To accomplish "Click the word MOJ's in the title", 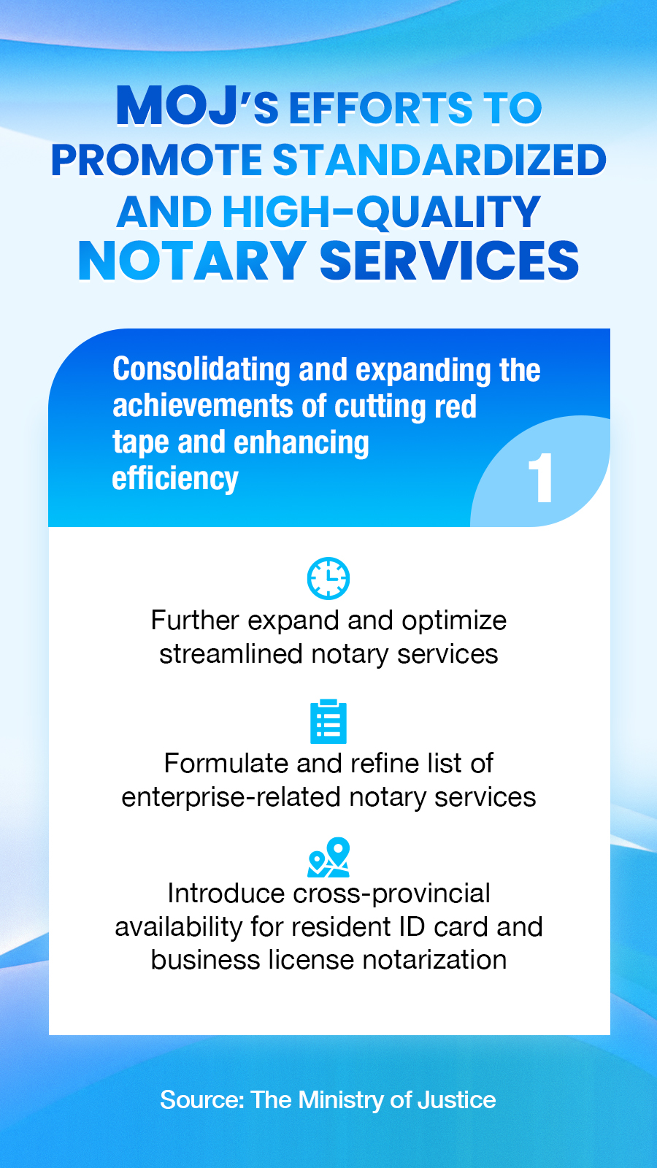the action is pyautogui.click(x=197, y=107).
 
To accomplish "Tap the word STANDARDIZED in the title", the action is pyautogui.click(x=439, y=160).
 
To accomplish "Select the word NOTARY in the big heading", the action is pyautogui.click(x=192, y=261).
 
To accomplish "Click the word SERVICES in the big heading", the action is pyautogui.click(x=449, y=261).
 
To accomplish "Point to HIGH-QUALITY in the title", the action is pyautogui.click(x=381, y=212).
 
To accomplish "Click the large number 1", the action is pyautogui.click(x=540, y=477).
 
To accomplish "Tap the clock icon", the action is pyautogui.click(x=328, y=578).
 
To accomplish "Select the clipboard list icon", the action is pyautogui.click(x=328, y=721).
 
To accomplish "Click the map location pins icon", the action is pyautogui.click(x=328, y=857).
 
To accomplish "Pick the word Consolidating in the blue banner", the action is pyautogui.click(x=201, y=369).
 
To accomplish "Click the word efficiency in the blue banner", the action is pyautogui.click(x=175, y=479).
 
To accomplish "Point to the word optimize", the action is pyautogui.click(x=453, y=621).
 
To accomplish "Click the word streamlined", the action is pyautogui.click(x=231, y=654).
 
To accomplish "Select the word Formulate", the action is pyautogui.click(x=226, y=764).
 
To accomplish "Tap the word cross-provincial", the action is pyautogui.click(x=391, y=894).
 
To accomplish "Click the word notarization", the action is pyautogui.click(x=434, y=960).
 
